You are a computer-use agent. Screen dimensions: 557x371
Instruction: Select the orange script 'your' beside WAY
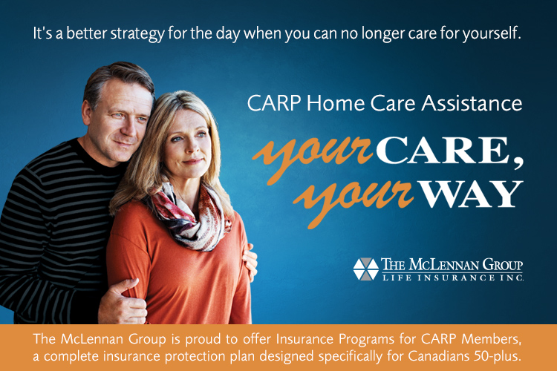(x=354, y=201)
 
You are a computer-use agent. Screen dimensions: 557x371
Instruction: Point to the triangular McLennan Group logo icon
(x=365, y=269)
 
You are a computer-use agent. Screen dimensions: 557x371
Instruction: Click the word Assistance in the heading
(x=472, y=103)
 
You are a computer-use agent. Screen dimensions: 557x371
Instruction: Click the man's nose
(x=127, y=128)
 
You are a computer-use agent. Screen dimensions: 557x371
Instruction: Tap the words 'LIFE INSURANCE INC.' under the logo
(x=452, y=278)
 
